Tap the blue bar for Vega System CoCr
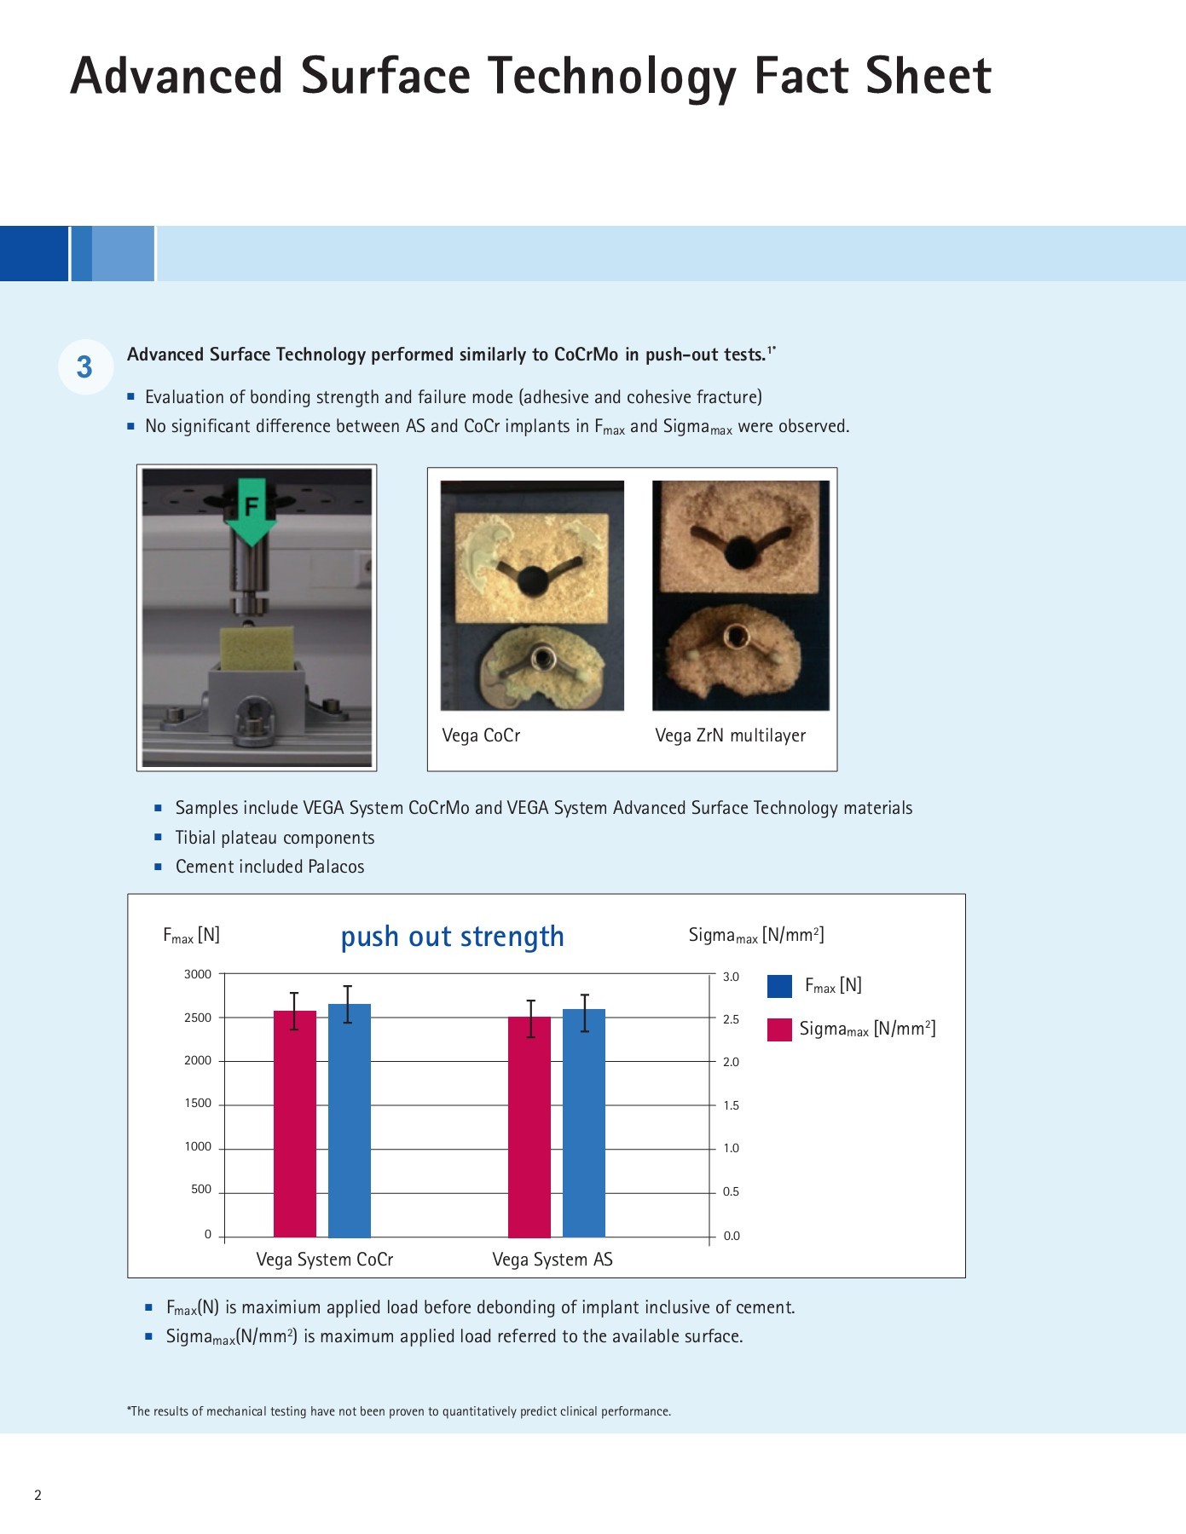(350, 1121)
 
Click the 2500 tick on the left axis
(198, 1018)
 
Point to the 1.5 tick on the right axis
(731, 1105)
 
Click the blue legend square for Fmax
(779, 986)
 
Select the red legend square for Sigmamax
(779, 1029)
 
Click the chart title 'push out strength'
(452, 937)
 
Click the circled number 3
(84, 367)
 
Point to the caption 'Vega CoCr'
(481, 735)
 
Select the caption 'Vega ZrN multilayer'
(730, 735)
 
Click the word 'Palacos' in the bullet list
(336, 867)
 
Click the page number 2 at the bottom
(38, 1495)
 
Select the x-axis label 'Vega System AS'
(553, 1260)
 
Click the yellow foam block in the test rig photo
(257, 649)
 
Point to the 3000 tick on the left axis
(198, 974)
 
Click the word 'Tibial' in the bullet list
(195, 838)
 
